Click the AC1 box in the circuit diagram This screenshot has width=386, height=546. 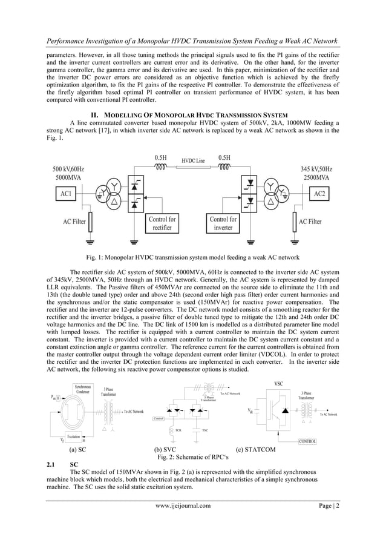tap(65, 194)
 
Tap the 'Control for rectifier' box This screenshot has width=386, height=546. tap(162, 223)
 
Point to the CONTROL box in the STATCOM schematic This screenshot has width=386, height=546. tap(308, 441)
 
